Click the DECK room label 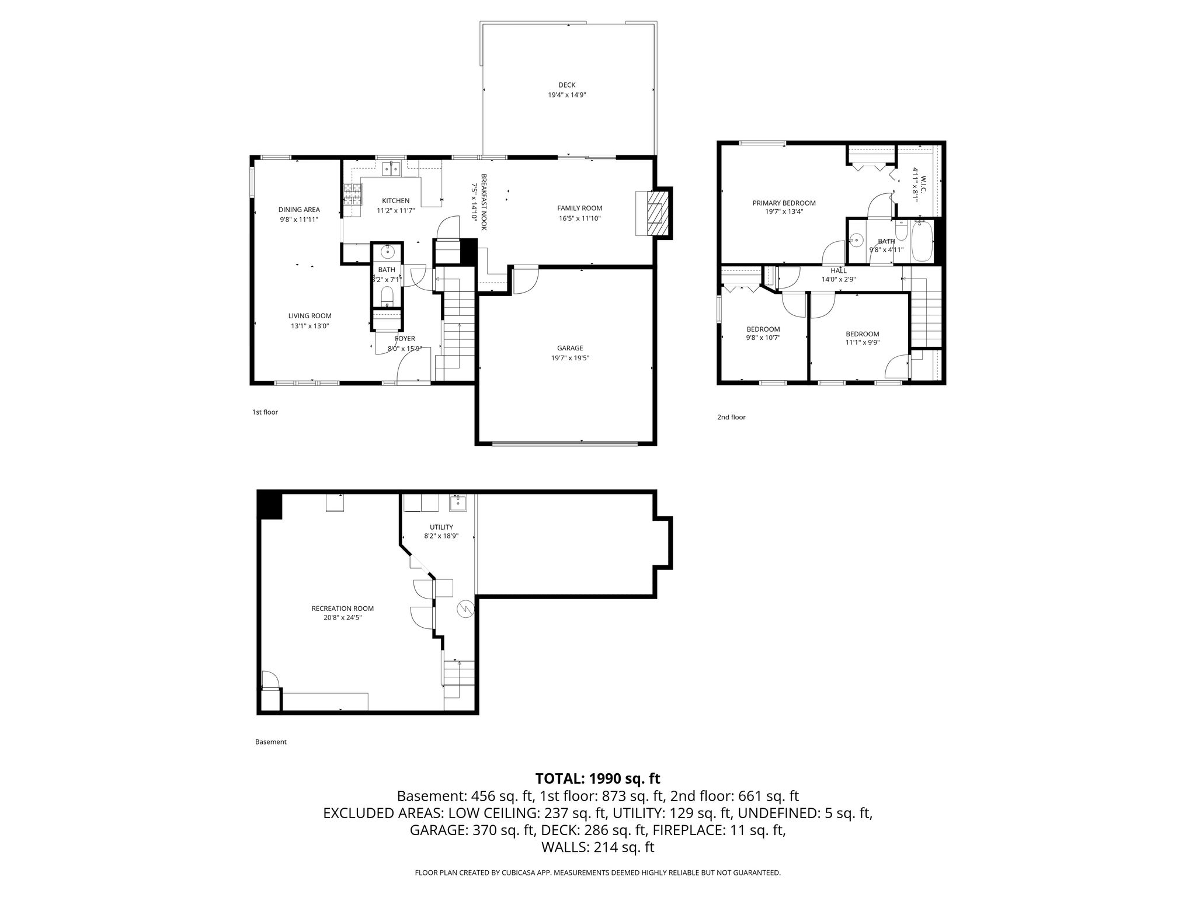pyautogui.click(x=566, y=85)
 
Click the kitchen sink pyautogui.click(x=391, y=169)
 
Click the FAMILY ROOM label pyautogui.click(x=579, y=208)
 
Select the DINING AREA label pyautogui.click(x=299, y=210)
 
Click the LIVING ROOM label pyautogui.click(x=310, y=316)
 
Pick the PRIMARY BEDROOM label pyautogui.click(x=784, y=203)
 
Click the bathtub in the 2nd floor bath pyautogui.click(x=922, y=241)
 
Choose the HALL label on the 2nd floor pyautogui.click(x=839, y=270)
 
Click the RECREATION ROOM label pyautogui.click(x=342, y=608)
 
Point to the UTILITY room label pyautogui.click(x=441, y=527)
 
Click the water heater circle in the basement pyautogui.click(x=466, y=609)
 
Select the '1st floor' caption pyautogui.click(x=265, y=412)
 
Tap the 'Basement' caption pyautogui.click(x=271, y=742)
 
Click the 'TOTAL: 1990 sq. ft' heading pyautogui.click(x=597, y=778)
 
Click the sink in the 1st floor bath pyautogui.click(x=387, y=252)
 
